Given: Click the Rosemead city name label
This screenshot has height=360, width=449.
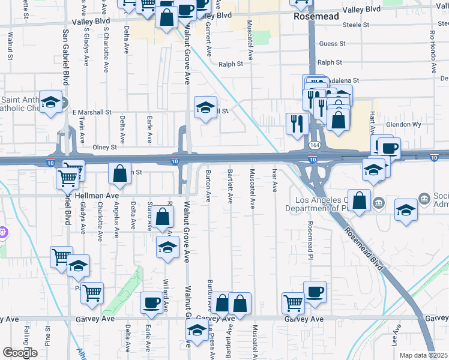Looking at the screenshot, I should point(316,17).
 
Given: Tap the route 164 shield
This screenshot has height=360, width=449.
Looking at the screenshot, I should point(315,146).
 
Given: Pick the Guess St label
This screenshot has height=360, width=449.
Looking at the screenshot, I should point(333,44).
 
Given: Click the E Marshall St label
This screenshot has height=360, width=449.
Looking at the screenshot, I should point(92,112).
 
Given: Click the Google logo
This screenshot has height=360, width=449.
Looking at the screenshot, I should point(19,353).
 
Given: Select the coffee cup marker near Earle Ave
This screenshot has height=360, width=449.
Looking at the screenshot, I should point(151,302).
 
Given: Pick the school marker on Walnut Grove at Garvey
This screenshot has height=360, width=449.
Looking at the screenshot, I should point(196,329).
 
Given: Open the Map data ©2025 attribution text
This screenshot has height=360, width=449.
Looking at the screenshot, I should point(423,355).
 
